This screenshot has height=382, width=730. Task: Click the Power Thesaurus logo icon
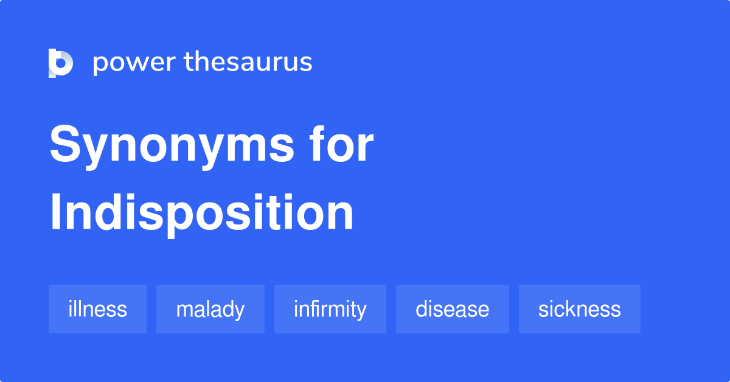[61, 63]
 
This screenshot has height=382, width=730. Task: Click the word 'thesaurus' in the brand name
[248, 62]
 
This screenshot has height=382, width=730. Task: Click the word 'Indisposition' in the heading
[201, 213]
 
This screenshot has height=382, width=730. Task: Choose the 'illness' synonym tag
[97, 309]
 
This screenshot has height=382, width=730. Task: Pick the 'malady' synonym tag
[210, 309]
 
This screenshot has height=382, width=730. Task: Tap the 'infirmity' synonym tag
[330, 309]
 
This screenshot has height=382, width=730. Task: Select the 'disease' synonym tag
[452, 309]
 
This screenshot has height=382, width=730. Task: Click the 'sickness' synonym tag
[579, 309]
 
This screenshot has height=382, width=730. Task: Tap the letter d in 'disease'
[422, 309]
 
